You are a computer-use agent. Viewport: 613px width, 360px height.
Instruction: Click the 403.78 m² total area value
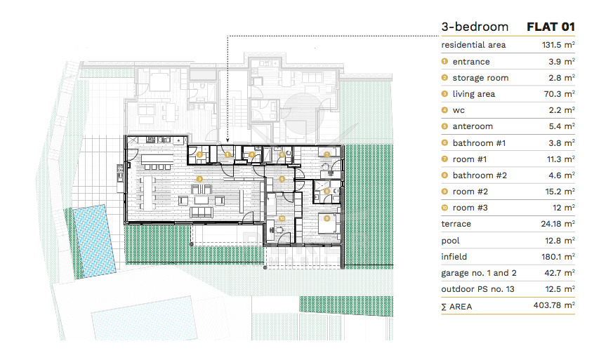tap(554, 305)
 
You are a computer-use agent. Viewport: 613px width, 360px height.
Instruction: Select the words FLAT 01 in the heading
tap(551, 27)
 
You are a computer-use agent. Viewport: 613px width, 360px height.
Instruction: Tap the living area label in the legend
tap(473, 94)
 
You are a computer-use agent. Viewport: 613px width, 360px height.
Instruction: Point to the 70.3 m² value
tap(559, 94)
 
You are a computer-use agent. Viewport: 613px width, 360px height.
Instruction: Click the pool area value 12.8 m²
tap(560, 241)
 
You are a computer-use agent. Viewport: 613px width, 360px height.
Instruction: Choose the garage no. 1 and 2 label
tap(479, 273)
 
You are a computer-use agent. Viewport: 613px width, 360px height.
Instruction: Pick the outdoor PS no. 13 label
tap(477, 289)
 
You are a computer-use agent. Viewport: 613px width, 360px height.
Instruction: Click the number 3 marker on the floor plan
tap(199, 179)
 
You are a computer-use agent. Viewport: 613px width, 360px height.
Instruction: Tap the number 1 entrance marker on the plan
tap(228, 155)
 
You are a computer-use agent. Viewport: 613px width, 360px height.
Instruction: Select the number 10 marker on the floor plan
tap(282, 218)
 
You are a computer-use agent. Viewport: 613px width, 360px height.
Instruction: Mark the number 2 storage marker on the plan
tap(199, 155)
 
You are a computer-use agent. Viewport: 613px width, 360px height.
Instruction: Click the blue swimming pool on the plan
tap(94, 241)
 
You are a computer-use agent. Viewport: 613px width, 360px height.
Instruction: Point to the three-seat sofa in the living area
tap(202, 212)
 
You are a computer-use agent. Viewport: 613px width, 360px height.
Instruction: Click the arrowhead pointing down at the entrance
tap(228, 140)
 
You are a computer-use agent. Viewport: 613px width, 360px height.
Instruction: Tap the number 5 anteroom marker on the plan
tap(282, 179)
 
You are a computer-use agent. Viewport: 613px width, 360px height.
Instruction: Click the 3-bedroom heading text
tap(475, 27)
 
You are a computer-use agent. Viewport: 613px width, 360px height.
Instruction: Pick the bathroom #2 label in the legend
tap(480, 175)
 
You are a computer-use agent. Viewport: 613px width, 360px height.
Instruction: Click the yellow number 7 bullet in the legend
tap(444, 159)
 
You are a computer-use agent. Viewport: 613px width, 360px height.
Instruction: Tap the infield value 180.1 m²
tap(558, 257)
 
